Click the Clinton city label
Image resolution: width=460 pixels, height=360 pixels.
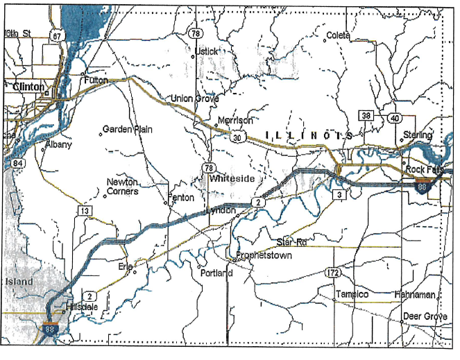pos(28,87)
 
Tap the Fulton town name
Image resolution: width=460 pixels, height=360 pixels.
pos(96,80)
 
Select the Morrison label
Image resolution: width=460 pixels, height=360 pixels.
pos(235,120)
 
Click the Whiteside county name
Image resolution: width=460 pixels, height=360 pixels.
pos(234,178)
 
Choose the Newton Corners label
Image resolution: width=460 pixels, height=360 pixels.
pos(123,187)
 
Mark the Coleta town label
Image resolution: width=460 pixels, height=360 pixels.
pos(338,35)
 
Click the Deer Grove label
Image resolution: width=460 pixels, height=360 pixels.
pos(425,316)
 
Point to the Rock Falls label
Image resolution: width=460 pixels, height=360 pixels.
pos(424,169)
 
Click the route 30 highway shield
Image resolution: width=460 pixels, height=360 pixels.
pos(238,137)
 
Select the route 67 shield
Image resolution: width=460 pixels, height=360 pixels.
pos(56,36)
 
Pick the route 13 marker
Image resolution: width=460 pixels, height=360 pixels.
pos(85,210)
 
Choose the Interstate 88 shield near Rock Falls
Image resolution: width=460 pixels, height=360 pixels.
pos(421,185)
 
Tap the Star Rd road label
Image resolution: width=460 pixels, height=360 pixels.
pos(291,242)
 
